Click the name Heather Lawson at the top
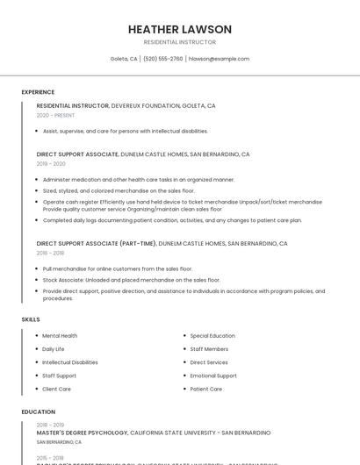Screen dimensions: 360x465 tap(180, 29)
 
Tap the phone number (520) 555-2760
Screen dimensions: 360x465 tap(163, 59)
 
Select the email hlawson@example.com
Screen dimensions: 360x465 tap(220, 59)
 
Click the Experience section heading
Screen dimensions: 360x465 tap(38, 92)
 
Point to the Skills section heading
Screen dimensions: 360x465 tap(31, 319)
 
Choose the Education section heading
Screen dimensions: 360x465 tap(38, 411)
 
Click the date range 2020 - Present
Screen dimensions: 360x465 tap(55, 115)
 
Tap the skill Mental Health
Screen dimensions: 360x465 tap(60, 336)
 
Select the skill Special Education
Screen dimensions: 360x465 tap(212, 336)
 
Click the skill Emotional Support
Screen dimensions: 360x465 tap(213, 376)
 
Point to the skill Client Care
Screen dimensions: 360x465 tap(57, 389)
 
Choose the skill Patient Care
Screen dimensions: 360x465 tap(206, 389)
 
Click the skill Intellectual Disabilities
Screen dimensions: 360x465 tap(70, 362)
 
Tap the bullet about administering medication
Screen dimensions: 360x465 tap(139, 179)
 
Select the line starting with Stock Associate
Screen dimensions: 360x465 tap(132, 280)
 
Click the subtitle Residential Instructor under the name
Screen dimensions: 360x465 tap(180, 42)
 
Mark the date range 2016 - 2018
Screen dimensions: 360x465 tap(51, 253)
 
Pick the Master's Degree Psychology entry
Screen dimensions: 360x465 tap(83, 433)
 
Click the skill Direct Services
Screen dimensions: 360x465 tap(209, 362)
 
